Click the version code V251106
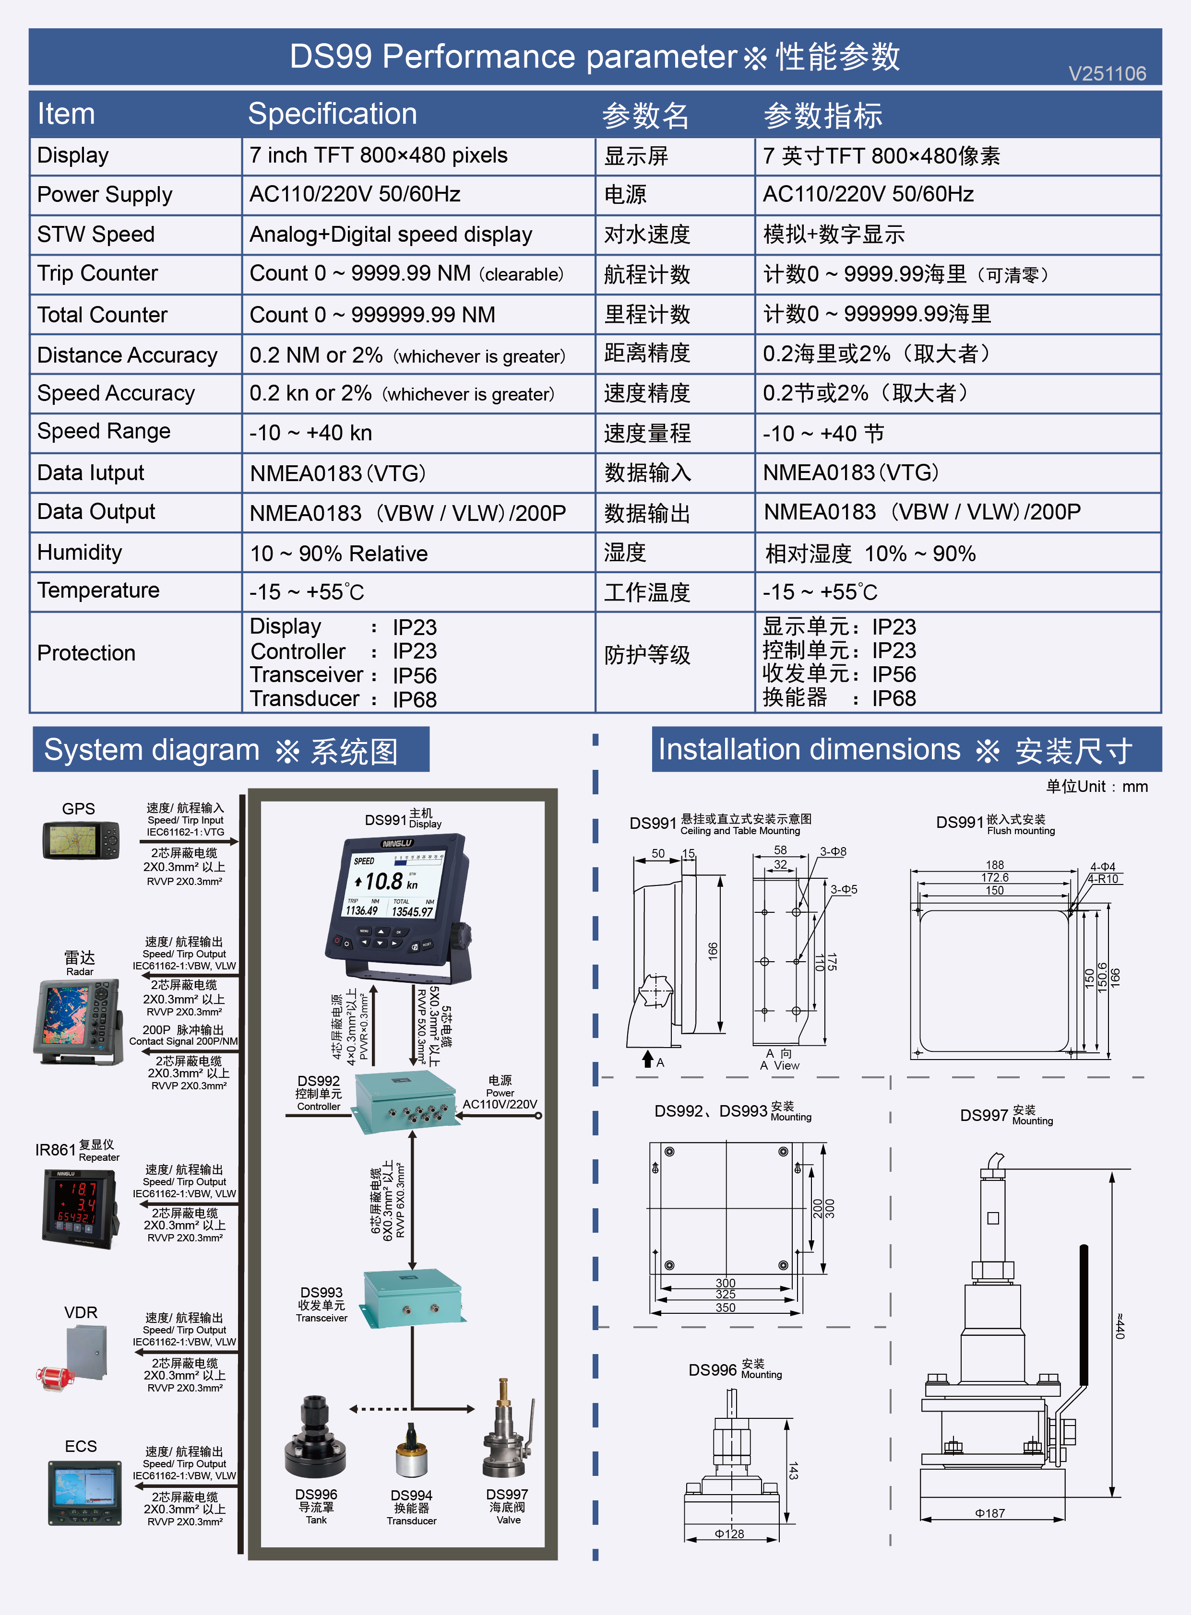click(1107, 73)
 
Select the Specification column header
click(333, 114)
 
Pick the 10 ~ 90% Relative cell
click(339, 554)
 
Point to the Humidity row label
click(79, 552)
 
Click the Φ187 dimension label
click(990, 1513)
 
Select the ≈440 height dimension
click(1119, 1326)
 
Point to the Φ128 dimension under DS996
click(729, 1533)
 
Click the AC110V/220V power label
click(500, 1104)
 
